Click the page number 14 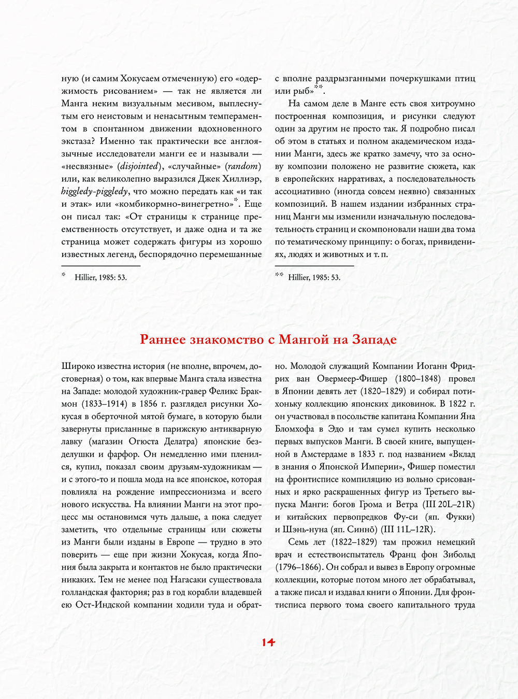[268, 643]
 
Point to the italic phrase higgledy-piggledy [94, 192]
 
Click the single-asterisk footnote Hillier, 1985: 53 [100, 278]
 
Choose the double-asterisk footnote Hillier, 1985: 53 [314, 278]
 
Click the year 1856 [150, 404]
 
